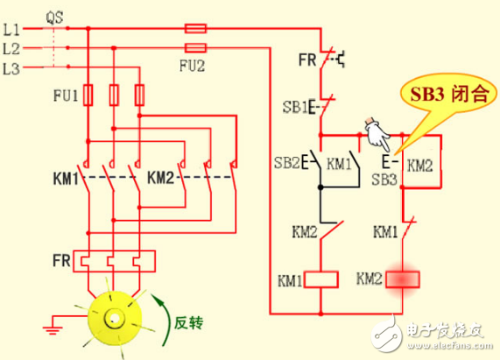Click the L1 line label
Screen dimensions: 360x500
(11, 29)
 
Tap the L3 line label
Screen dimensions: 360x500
(11, 67)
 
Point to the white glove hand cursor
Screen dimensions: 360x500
(375, 134)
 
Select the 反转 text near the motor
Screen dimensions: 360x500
(189, 324)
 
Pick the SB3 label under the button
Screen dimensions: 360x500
(384, 180)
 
